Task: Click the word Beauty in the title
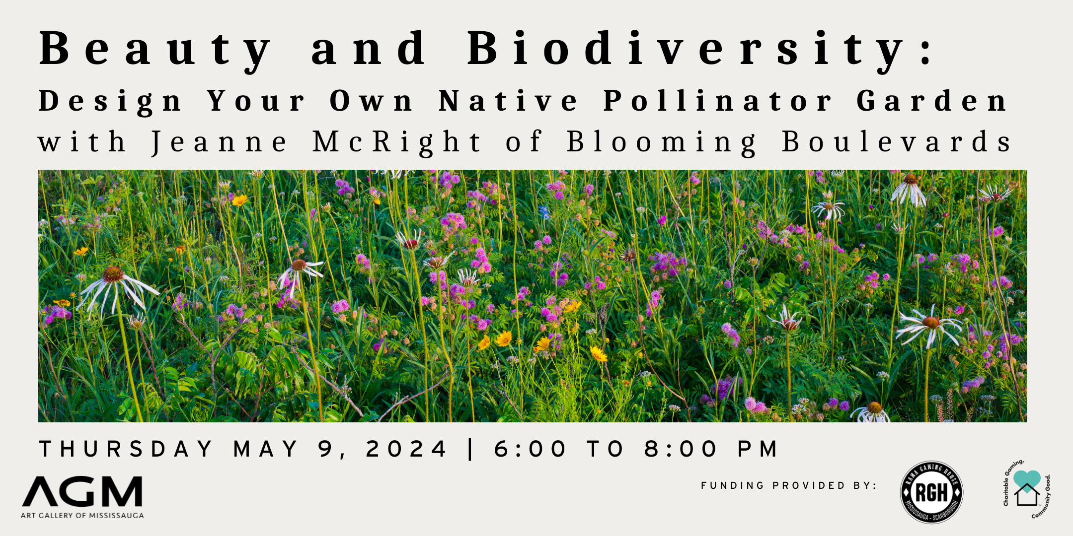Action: [154, 50]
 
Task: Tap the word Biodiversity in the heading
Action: [686, 50]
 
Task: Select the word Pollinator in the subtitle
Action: [717, 101]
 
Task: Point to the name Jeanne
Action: [219, 142]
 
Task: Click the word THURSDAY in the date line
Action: [126, 449]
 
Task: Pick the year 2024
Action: [406, 449]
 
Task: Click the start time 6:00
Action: [530, 449]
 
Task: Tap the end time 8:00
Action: [681, 449]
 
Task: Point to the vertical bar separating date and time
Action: [470, 449]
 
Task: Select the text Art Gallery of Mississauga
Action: [82, 516]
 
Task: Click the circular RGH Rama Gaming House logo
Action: [931, 492]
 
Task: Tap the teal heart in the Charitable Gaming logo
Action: [1027, 479]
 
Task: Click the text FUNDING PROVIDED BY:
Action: [789, 485]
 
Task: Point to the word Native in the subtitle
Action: [508, 101]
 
